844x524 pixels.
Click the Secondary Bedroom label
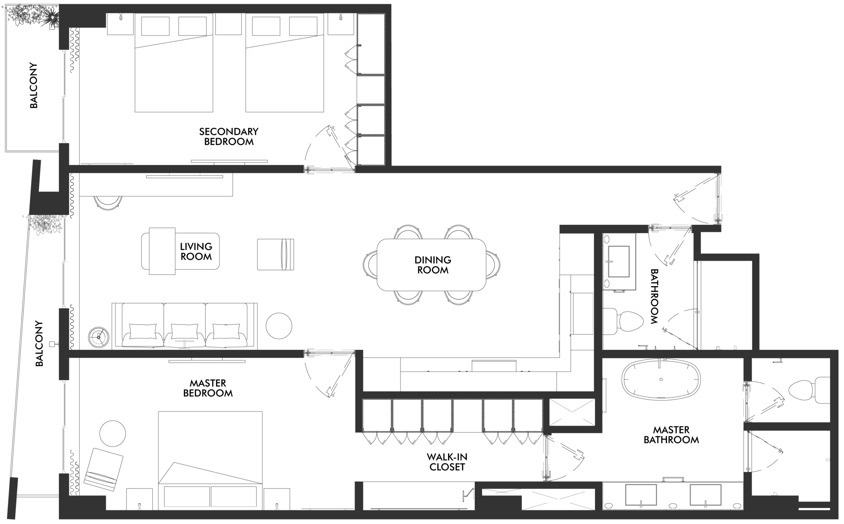point(228,137)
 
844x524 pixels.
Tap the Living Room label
point(196,251)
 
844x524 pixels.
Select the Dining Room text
point(433,265)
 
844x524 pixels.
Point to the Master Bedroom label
point(208,388)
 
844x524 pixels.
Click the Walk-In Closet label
point(447,462)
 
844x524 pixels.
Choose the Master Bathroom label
point(671,435)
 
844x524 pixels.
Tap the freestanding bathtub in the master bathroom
point(661,379)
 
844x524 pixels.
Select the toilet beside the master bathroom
point(809,390)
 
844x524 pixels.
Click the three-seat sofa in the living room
point(185,325)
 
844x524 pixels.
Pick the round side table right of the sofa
point(279,326)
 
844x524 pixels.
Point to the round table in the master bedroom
point(112,434)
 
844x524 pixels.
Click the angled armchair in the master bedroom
point(104,469)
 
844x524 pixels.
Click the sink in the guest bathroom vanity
point(618,262)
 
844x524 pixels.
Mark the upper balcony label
point(34,85)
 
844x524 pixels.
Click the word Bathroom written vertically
point(654,296)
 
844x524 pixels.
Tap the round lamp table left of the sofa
point(98,337)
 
